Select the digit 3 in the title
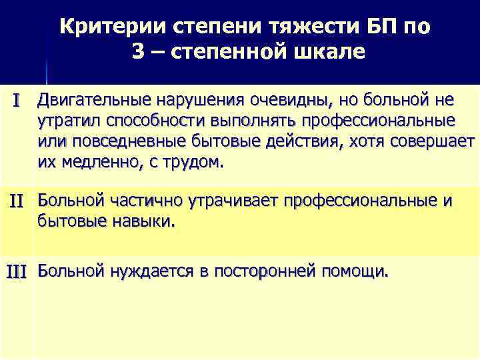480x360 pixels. (138, 51)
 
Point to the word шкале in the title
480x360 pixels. (329, 51)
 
